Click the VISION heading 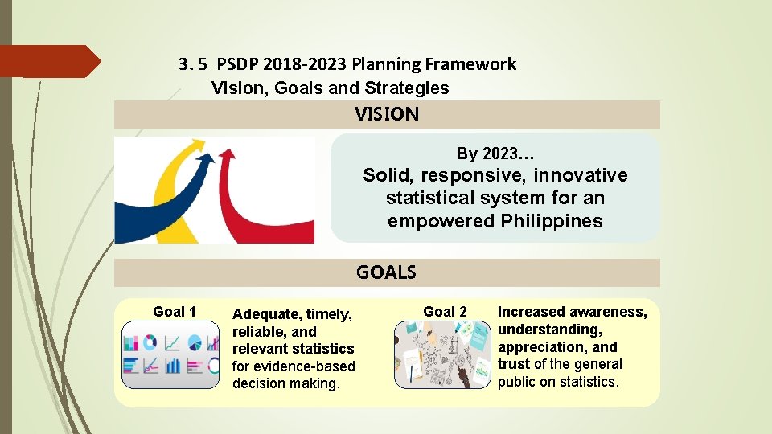[x=387, y=114]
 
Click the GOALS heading [x=386, y=272]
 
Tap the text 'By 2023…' [x=495, y=154]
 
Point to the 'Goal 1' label [x=175, y=312]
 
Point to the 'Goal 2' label [x=445, y=312]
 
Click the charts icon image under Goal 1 [x=170, y=354]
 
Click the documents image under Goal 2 [x=441, y=354]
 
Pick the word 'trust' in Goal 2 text [x=514, y=364]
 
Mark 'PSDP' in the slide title [x=239, y=64]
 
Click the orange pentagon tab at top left [x=48, y=61]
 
